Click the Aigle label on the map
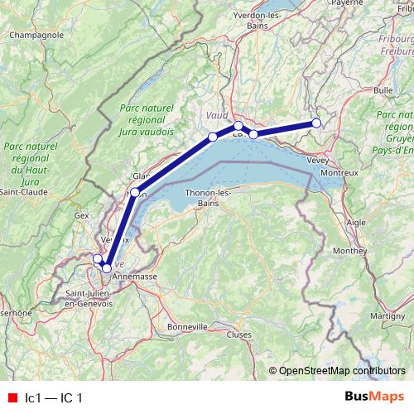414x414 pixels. point(355,223)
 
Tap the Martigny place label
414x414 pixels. point(364,316)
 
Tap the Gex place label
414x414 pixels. point(81,214)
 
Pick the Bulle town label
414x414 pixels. point(383,89)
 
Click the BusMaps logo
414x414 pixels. point(373,397)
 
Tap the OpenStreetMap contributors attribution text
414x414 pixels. point(340,370)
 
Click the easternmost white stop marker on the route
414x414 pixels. point(316,124)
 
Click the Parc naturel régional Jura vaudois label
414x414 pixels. point(147,120)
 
